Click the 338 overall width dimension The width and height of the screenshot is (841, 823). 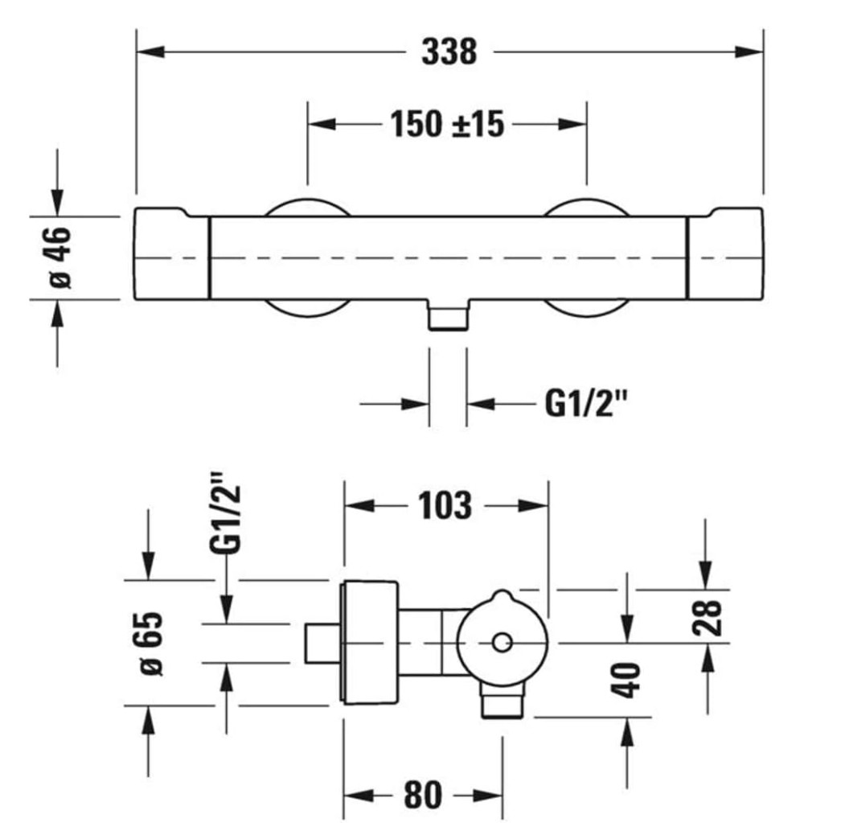[449, 52]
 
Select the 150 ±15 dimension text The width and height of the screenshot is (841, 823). [447, 124]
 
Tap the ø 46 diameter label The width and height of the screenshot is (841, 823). [60, 257]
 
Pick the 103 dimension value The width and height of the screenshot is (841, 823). [445, 506]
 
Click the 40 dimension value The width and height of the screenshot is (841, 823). [630, 681]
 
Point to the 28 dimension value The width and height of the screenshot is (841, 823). [711, 616]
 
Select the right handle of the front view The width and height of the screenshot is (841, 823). [724, 257]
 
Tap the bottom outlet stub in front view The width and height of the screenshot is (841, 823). [448, 317]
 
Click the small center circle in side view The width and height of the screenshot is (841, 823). [502, 643]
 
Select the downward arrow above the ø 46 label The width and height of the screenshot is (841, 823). [56, 197]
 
